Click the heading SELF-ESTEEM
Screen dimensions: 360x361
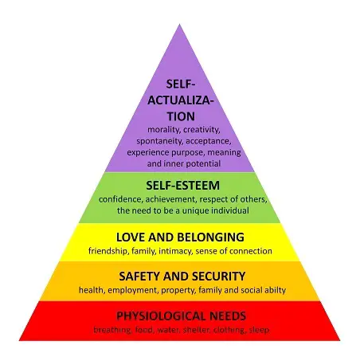click(x=182, y=186)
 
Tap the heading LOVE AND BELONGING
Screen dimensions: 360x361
click(x=180, y=237)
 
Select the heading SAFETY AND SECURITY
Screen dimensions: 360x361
click(x=182, y=277)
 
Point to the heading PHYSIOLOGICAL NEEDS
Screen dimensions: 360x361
click(x=182, y=316)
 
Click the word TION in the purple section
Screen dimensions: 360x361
click(x=181, y=116)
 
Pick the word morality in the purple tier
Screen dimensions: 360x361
click(x=163, y=130)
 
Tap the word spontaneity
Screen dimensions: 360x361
click(x=159, y=141)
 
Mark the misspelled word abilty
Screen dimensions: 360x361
click(x=276, y=290)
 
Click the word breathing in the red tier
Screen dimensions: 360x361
click(x=112, y=330)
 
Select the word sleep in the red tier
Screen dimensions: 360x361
click(x=259, y=330)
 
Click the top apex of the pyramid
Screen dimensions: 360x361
click(x=180, y=24)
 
